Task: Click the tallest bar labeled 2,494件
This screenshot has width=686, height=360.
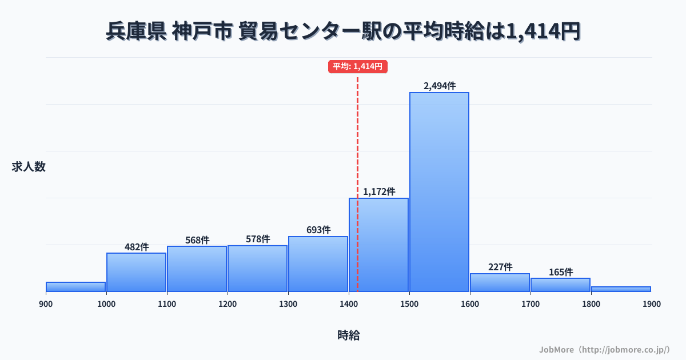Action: pyautogui.click(x=439, y=191)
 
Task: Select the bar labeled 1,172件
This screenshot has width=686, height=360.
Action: pyautogui.click(x=378, y=245)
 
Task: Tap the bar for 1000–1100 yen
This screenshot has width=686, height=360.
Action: pyautogui.click(x=136, y=272)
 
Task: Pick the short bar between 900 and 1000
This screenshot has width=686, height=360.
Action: pyautogui.click(x=75, y=287)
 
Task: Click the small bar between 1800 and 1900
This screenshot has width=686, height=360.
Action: pyautogui.click(x=621, y=289)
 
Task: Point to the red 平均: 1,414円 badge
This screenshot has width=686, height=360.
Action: pyautogui.click(x=358, y=66)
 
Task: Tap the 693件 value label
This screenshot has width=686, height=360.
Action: pyautogui.click(x=318, y=230)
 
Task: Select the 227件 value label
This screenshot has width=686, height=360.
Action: pyautogui.click(x=500, y=267)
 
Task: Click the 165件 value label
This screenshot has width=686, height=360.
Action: pyautogui.click(x=561, y=272)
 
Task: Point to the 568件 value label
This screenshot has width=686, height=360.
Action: pyautogui.click(x=197, y=240)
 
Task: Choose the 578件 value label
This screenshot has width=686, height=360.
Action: pyautogui.click(x=258, y=239)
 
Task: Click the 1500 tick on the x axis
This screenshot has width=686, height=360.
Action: pyautogui.click(x=409, y=304)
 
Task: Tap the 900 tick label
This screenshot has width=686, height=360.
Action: pyautogui.click(x=46, y=304)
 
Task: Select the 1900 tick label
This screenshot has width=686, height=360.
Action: pyautogui.click(x=651, y=304)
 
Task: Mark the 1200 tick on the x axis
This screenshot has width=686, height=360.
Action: pyautogui.click(x=228, y=304)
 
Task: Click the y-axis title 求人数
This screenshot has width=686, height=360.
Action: pyautogui.click(x=29, y=167)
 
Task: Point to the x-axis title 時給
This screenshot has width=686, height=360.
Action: pyautogui.click(x=348, y=335)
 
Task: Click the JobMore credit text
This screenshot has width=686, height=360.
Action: pyautogui.click(x=604, y=349)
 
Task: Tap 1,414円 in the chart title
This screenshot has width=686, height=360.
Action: pyautogui.click(x=540, y=31)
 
